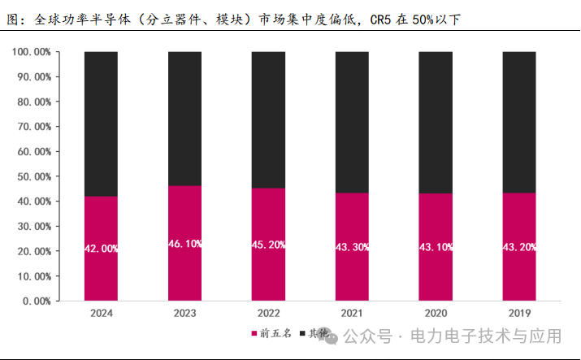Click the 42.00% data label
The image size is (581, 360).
(102, 249)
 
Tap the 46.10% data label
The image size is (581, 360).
(185, 244)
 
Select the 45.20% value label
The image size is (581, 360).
(269, 245)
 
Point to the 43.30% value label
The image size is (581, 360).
(353, 247)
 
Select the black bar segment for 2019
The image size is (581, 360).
(519, 122)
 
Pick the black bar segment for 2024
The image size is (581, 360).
(102, 124)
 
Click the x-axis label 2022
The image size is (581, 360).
(268, 313)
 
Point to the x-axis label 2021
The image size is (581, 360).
(352, 313)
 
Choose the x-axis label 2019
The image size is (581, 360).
(519, 313)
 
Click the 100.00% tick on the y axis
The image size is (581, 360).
(32, 52)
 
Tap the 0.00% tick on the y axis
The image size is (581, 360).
(37, 301)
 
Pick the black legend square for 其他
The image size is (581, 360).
(303, 334)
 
